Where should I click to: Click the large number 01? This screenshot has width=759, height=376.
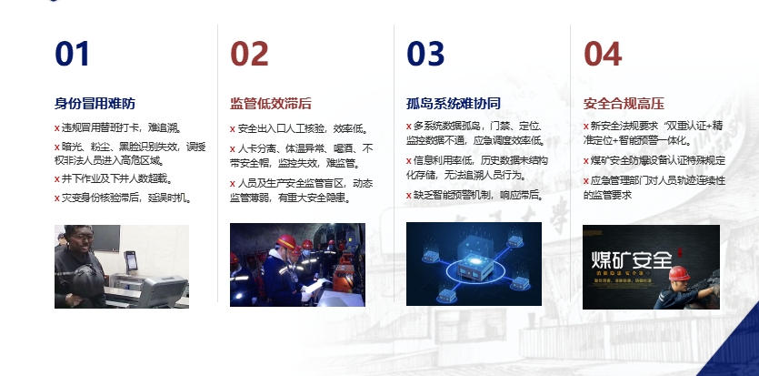click(73, 55)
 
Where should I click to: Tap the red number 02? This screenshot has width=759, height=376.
click(249, 55)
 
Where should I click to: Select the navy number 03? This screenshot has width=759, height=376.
click(425, 55)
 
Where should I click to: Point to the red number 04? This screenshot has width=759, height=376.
click(602, 55)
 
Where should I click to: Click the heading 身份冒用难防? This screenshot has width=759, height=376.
click(95, 103)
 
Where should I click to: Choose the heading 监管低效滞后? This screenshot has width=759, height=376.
click(271, 103)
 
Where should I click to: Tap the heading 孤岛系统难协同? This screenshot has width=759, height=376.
click(453, 103)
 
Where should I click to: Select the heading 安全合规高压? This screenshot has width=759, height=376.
click(623, 103)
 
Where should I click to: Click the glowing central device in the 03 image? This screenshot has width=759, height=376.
click(473, 265)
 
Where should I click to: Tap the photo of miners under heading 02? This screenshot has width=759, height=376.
click(297, 264)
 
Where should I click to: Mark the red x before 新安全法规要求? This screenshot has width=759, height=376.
click(585, 126)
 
